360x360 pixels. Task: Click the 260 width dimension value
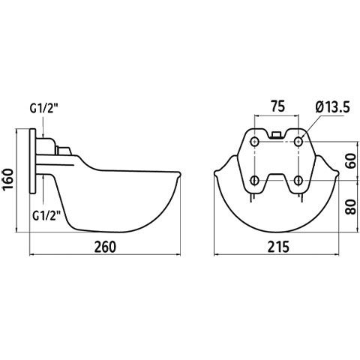coord(105,247)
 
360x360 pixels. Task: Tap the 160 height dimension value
coord(7,180)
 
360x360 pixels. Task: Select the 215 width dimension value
coord(278,247)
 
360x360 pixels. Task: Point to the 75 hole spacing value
coord(278,106)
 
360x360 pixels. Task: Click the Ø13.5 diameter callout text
coord(333,107)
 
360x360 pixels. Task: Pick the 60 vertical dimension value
coord(351,161)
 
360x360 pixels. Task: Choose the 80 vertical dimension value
coord(351,207)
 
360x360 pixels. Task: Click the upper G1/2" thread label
coord(44,109)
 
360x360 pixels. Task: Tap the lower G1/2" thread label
coord(47,215)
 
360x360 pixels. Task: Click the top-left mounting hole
coord(255,142)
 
